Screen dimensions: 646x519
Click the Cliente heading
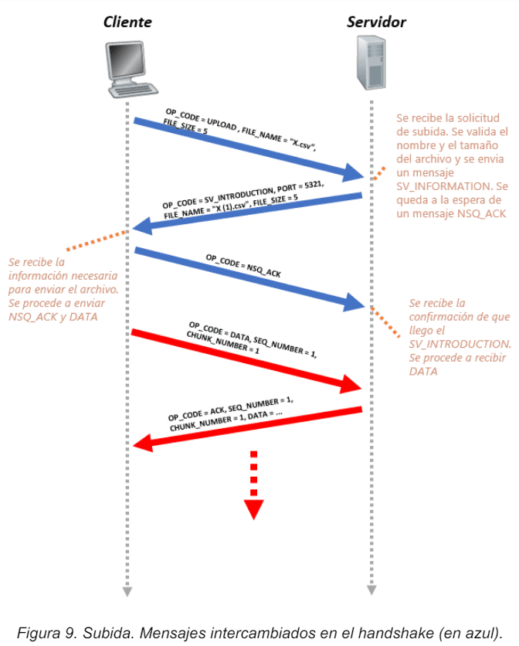(x=128, y=22)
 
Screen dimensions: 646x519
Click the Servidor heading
(x=376, y=22)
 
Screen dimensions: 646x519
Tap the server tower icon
(x=371, y=66)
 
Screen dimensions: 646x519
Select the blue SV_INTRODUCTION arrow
(x=247, y=211)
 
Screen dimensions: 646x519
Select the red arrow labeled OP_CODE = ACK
(x=247, y=426)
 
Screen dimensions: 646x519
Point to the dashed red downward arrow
(x=254, y=487)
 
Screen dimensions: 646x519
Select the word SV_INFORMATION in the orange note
(x=443, y=185)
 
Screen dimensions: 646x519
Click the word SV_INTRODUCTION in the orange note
(x=460, y=343)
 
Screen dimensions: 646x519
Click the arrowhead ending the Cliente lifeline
(x=127, y=591)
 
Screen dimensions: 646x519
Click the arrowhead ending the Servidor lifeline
(x=371, y=591)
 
